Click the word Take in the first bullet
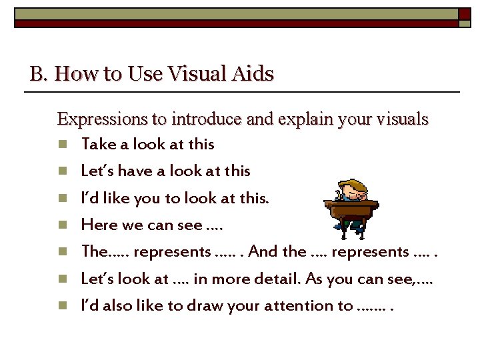(97, 144)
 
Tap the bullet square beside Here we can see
(62, 225)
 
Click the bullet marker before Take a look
(62, 144)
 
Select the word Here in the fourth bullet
(98, 225)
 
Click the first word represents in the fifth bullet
(166, 252)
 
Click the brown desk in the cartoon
(351, 212)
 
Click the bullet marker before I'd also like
(62, 307)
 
